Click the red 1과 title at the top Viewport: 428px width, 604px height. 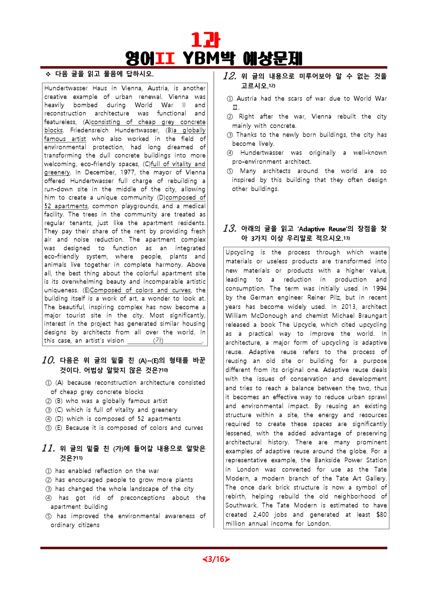pyautogui.click(x=205, y=40)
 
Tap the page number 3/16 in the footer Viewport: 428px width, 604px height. pyautogui.click(x=216, y=559)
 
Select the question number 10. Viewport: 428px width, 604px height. pyautogui.click(x=48, y=360)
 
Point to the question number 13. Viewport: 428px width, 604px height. pyautogui.click(x=230, y=229)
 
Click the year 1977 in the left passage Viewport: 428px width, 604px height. pyautogui.click(x=128, y=172)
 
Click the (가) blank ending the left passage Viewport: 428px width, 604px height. pyautogui.click(x=158, y=341)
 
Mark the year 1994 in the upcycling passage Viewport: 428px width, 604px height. pyautogui.click(x=380, y=289)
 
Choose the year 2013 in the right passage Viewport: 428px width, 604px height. pyautogui.click(x=348, y=307)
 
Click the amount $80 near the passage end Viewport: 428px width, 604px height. pyautogui.click(x=381, y=515)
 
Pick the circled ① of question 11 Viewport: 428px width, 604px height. pyautogui.click(x=49, y=471)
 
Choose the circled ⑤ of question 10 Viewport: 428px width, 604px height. pyautogui.click(x=49, y=428)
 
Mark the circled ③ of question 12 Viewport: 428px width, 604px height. pyautogui.click(x=230, y=135)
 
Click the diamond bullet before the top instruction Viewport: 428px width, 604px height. pyautogui.click(x=48, y=74)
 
